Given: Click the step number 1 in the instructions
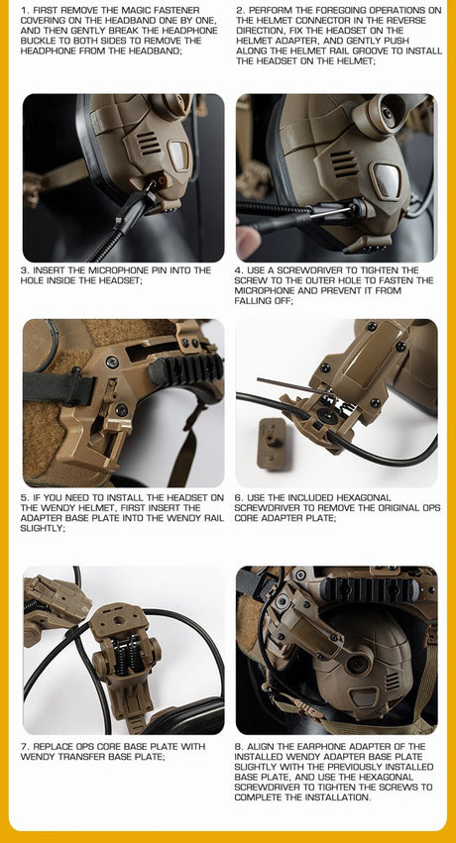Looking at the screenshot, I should (24, 10).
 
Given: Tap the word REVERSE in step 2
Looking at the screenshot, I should (413, 20).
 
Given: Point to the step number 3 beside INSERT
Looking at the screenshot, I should (24, 269).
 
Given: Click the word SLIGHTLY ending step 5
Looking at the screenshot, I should (43, 528).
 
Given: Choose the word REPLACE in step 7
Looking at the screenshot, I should (56, 746).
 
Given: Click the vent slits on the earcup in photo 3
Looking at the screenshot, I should (148, 142).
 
